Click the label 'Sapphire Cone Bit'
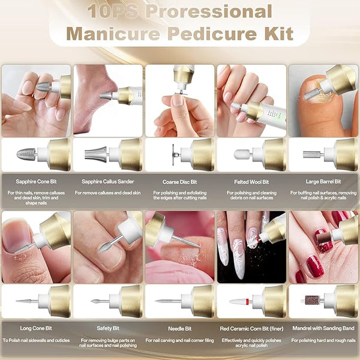tap(36, 182)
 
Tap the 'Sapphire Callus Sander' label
tap(107, 182)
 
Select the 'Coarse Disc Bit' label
tap(180, 182)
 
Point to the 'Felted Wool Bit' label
tap(251, 182)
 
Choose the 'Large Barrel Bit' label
tap(323, 182)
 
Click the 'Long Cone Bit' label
tap(36, 328)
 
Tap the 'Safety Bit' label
tap(108, 328)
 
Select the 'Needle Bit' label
tap(180, 329)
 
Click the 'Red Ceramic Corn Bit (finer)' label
tap(251, 329)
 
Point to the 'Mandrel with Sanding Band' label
tap(323, 328)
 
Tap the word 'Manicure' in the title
tap(113, 34)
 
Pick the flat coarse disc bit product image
tap(173, 155)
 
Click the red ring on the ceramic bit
tap(247, 301)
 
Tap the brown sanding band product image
tap(312, 300)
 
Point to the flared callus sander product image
tap(96, 154)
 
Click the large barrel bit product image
tap(311, 154)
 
